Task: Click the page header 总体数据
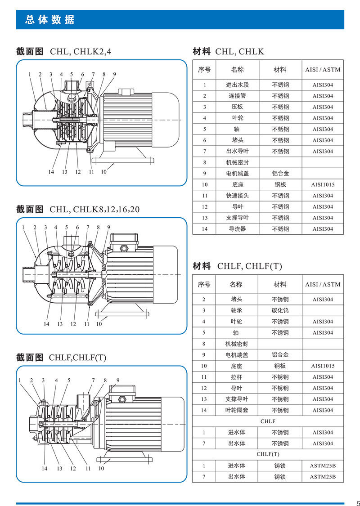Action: click(50, 20)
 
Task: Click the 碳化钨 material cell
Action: click(280, 310)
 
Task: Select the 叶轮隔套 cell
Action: click(236, 410)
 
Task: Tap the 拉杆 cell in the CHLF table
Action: click(236, 377)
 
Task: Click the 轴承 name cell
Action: click(236, 310)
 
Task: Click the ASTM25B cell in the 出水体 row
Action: click(323, 477)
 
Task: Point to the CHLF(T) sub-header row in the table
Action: click(268, 454)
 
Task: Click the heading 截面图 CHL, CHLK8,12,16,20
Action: click(78, 209)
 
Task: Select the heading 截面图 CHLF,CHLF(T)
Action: click(61, 358)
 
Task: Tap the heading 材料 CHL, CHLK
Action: click(228, 51)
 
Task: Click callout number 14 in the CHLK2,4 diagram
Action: click(51, 172)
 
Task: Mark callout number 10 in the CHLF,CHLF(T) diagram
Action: click(101, 468)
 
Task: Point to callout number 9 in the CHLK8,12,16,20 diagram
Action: click(108, 228)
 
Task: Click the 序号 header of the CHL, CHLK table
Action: click(204, 70)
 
